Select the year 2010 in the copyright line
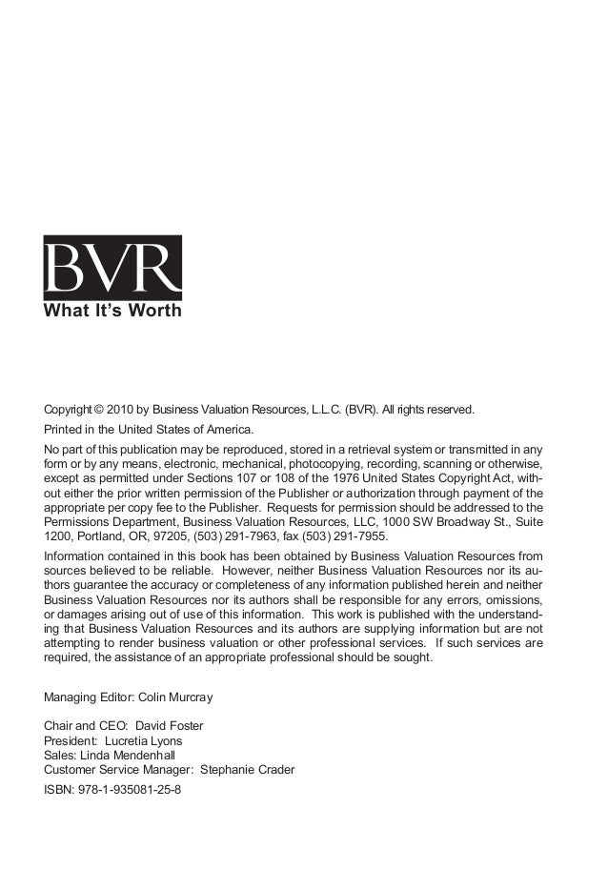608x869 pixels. pos(127,411)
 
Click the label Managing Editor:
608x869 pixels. pos(90,697)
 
